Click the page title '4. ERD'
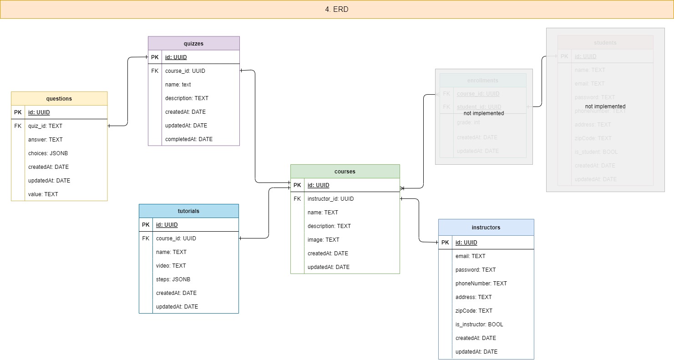pyautogui.click(x=337, y=9)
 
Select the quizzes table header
pyautogui.click(x=193, y=44)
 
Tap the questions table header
pyautogui.click(x=59, y=99)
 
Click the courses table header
pyautogui.click(x=345, y=172)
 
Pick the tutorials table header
pyautogui.click(x=188, y=211)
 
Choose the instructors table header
pyautogui.click(x=486, y=227)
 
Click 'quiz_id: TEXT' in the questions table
pyautogui.click(x=45, y=126)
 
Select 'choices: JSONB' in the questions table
pyautogui.click(x=48, y=153)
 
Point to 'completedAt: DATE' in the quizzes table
pyautogui.click(x=188, y=139)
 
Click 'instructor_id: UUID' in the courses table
pyautogui.click(x=330, y=199)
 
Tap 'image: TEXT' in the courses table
pyautogui.click(x=323, y=240)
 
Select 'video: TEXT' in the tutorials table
pyautogui.click(x=171, y=266)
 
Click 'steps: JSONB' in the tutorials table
pyautogui.click(x=173, y=279)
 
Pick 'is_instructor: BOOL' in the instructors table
pyautogui.click(x=479, y=325)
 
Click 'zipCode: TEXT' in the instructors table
pyautogui.click(x=474, y=311)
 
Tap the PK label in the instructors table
pyautogui.click(x=445, y=243)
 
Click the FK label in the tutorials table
pyautogui.click(x=146, y=238)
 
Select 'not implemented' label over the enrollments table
pyautogui.click(x=483, y=113)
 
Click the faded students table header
pyautogui.click(x=605, y=43)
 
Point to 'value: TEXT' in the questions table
pyautogui.click(x=43, y=194)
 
